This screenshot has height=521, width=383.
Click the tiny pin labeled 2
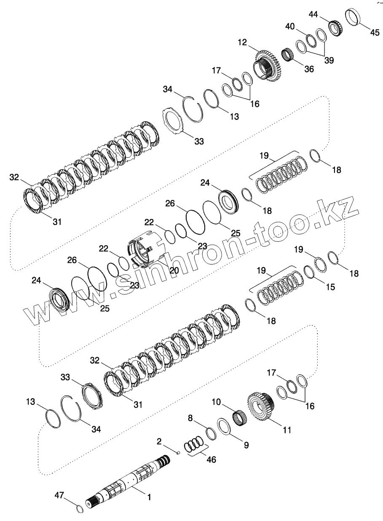[x=178, y=453]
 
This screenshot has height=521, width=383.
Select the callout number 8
[x=190, y=418]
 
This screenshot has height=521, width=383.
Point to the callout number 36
[x=309, y=69]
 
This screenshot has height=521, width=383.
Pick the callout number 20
[x=174, y=270]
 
